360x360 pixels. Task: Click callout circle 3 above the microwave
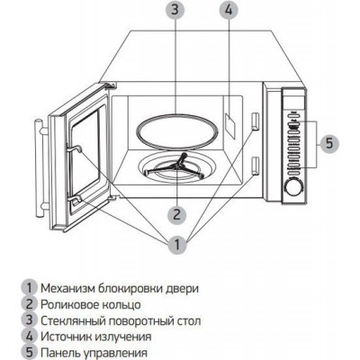(x=175, y=11)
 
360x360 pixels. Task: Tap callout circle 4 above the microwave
(x=229, y=11)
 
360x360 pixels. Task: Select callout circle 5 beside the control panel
(x=329, y=143)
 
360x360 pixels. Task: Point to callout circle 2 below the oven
(x=177, y=214)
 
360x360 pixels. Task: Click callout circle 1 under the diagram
(x=177, y=245)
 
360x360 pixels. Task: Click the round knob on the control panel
(x=294, y=188)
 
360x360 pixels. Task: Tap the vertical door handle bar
(x=39, y=168)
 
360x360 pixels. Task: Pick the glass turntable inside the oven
(x=177, y=131)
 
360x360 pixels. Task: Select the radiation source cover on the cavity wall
(x=230, y=126)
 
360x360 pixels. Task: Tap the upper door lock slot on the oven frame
(x=255, y=121)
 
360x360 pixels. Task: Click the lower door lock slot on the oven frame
(x=255, y=166)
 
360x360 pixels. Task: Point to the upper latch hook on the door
(x=74, y=148)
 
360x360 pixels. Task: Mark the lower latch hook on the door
(x=75, y=200)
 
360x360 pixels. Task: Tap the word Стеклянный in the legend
(x=72, y=321)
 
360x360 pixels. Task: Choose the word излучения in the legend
(x=122, y=337)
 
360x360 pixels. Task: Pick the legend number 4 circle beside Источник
(x=29, y=337)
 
